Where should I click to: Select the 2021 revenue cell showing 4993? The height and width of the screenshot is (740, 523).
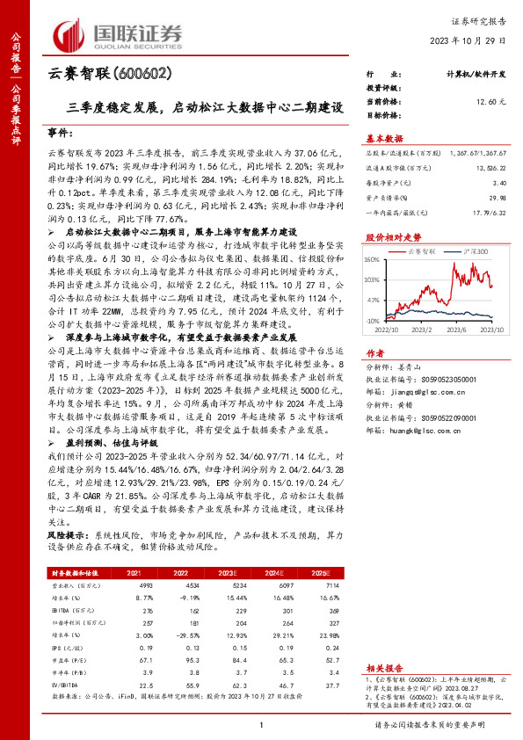123,584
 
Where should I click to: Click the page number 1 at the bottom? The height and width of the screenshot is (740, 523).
261,724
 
